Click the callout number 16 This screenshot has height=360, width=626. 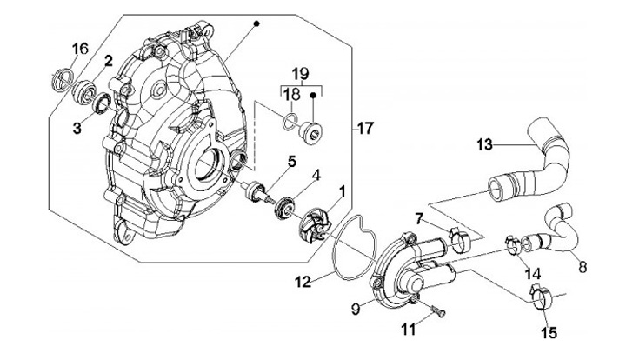79,49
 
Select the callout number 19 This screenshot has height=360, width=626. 300,73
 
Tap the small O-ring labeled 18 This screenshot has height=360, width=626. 292,119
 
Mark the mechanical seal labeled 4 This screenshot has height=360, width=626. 283,209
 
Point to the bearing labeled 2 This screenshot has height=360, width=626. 87,90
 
